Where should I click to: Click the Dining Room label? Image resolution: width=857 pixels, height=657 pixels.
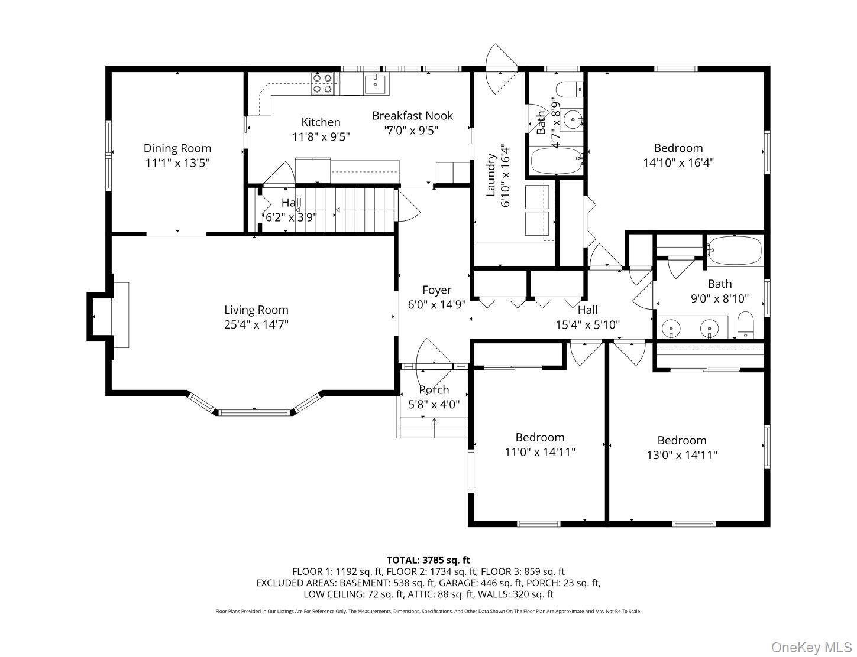click(x=177, y=148)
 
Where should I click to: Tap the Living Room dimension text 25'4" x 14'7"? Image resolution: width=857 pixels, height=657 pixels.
click(x=256, y=324)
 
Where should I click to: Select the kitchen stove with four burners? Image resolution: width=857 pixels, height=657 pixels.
click(x=322, y=83)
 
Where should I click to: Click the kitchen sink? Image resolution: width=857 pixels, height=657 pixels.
click(x=374, y=84)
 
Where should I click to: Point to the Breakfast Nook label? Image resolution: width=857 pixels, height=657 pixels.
click(x=412, y=116)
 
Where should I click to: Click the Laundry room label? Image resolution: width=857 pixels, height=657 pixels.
click(x=490, y=175)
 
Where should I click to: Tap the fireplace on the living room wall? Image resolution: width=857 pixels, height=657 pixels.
click(x=120, y=316)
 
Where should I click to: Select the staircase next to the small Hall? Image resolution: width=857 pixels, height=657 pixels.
click(x=355, y=209)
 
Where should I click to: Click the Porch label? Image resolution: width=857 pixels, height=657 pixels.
click(x=434, y=390)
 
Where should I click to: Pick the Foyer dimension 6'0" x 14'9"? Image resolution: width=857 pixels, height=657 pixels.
click(x=436, y=305)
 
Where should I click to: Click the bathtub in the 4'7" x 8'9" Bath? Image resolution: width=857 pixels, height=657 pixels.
click(x=555, y=160)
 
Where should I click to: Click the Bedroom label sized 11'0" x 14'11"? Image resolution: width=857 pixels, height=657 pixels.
click(x=539, y=438)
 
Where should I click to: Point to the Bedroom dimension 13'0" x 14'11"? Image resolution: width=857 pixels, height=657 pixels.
click(x=681, y=456)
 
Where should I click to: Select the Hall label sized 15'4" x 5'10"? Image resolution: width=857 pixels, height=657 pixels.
click(x=587, y=310)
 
